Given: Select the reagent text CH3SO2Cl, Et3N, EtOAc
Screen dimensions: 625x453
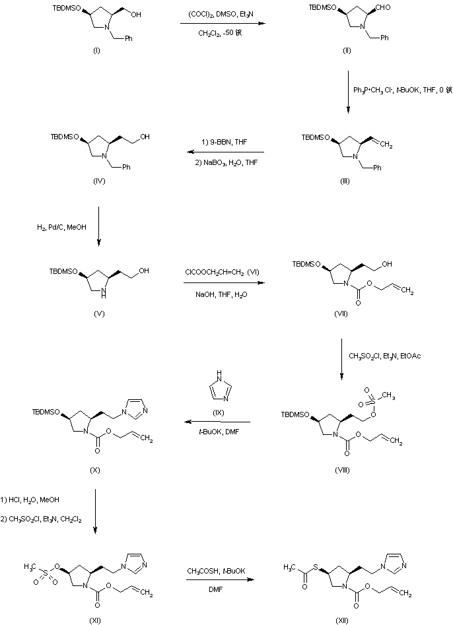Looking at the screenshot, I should click(385, 356).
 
